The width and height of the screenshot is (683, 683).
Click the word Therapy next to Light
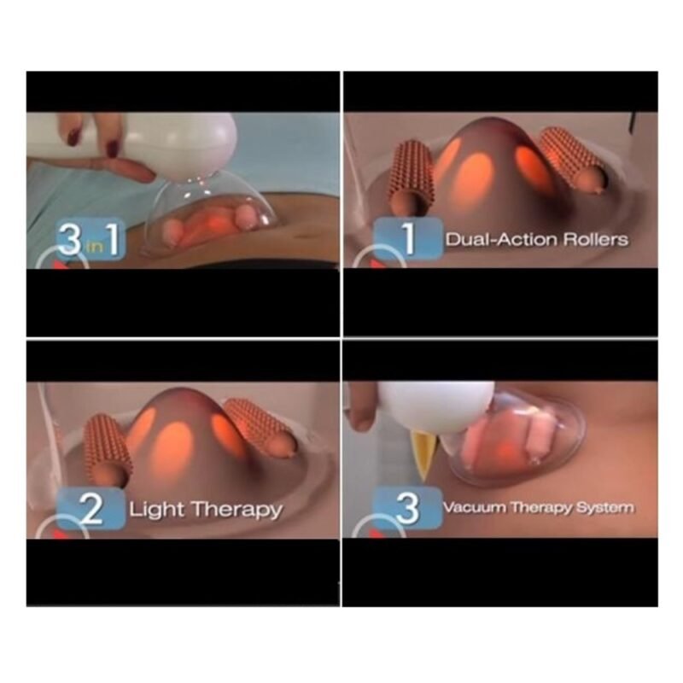236,510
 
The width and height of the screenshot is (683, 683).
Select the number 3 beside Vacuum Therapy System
407,508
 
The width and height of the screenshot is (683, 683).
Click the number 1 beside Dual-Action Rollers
408,240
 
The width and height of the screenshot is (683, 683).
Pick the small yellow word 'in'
94,247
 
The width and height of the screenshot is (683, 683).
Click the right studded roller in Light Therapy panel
262,428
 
